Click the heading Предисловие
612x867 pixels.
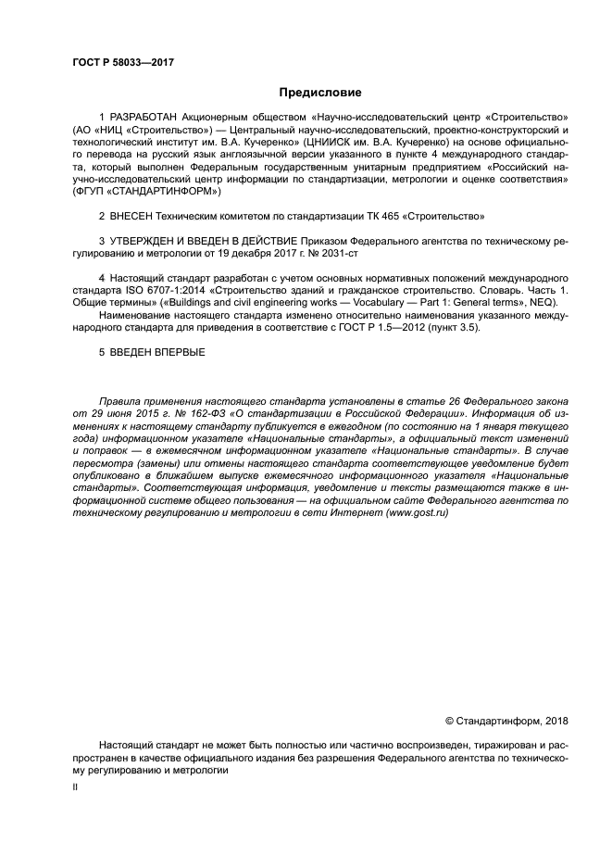[x=319, y=93]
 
